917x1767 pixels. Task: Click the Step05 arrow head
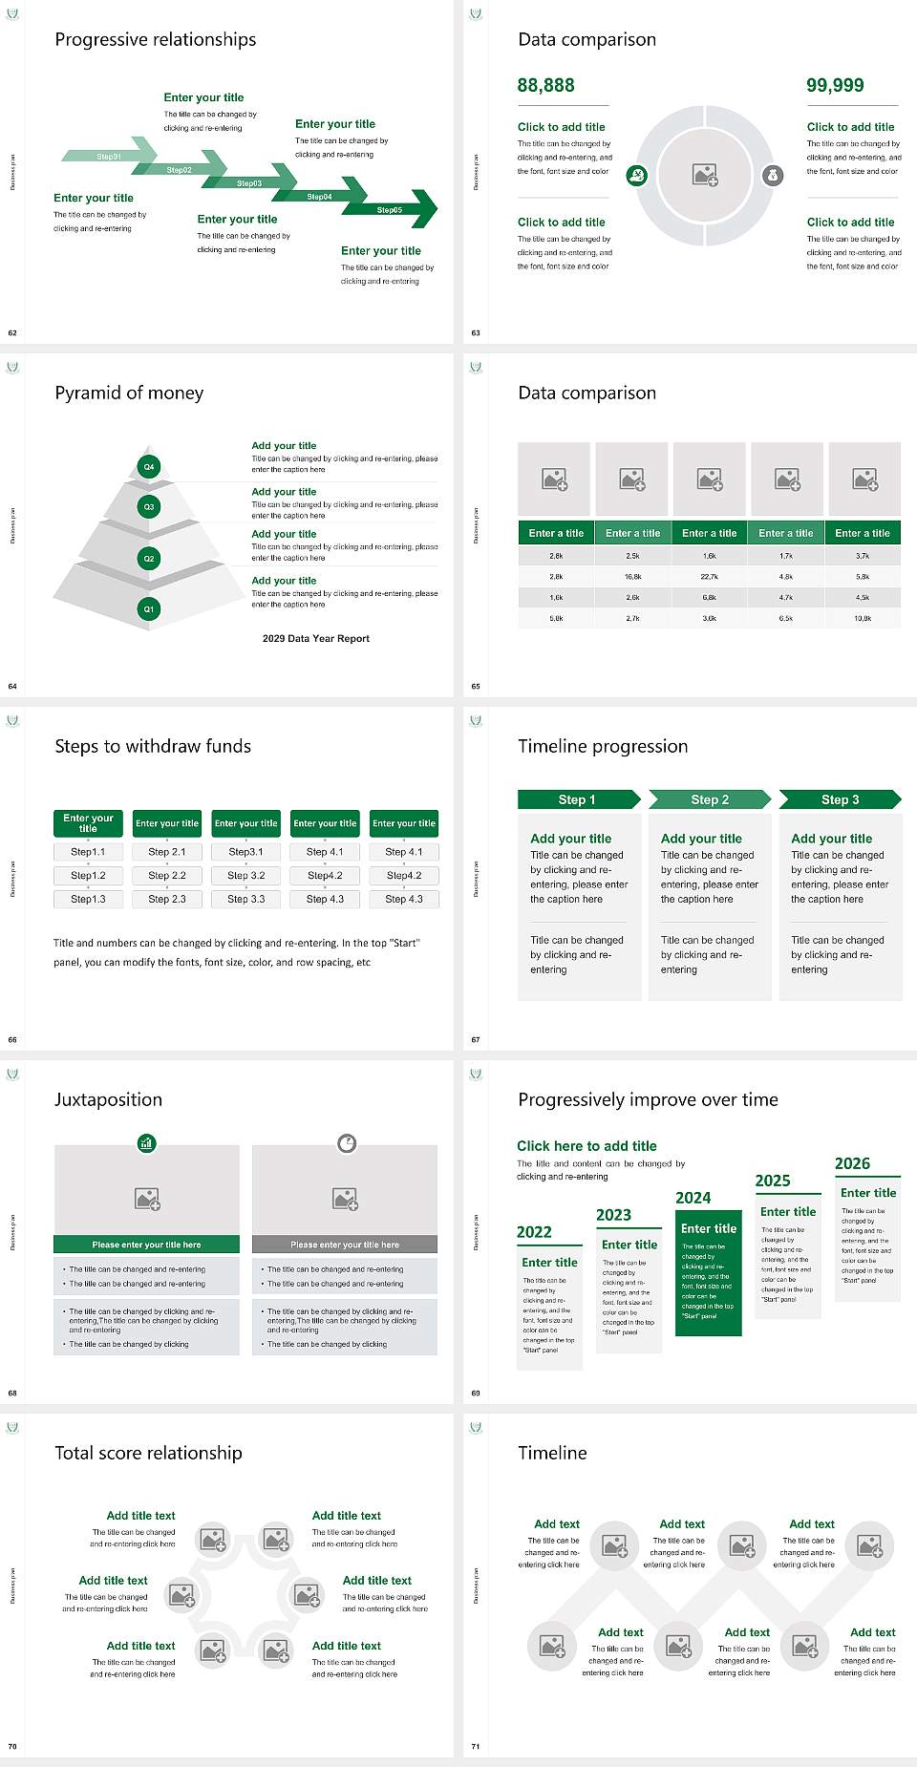[x=420, y=209]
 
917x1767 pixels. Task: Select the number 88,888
[x=545, y=86]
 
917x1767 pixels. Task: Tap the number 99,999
[x=835, y=86]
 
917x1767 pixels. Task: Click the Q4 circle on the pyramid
[x=149, y=467]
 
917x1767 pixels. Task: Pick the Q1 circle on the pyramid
[x=149, y=608]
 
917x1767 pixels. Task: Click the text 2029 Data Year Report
[x=315, y=639]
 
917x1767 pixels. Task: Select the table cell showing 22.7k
[x=709, y=577]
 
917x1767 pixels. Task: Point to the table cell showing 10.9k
[x=863, y=619]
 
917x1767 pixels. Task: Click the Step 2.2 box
[x=167, y=875]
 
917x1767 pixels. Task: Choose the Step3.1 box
[x=245, y=852]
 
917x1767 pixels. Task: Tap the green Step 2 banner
[x=709, y=799]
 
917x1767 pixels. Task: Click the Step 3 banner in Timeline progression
[x=840, y=799]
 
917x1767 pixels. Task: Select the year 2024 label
[x=693, y=1199]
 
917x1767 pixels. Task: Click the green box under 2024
[x=709, y=1274]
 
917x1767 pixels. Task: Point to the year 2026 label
[x=852, y=1164]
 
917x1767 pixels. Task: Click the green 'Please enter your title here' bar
[x=146, y=1245]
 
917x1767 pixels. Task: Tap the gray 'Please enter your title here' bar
[x=345, y=1245]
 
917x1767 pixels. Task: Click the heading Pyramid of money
[x=129, y=394]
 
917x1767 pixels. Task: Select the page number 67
[x=476, y=1040]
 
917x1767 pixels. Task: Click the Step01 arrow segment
[x=108, y=156]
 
